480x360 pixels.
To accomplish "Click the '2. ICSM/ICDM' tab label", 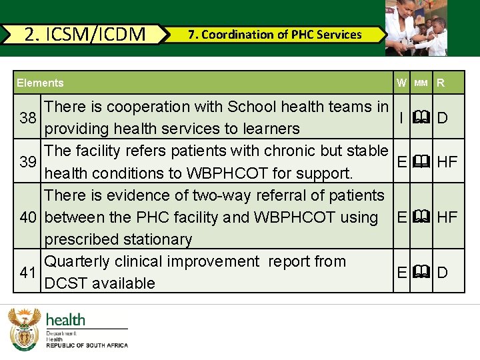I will tap(85, 34).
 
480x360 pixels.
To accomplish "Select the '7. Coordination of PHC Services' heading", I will tap(275, 35).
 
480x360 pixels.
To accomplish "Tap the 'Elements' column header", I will tap(40, 83).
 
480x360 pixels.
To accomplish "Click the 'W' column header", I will tap(401, 83).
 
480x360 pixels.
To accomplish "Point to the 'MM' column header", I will tap(421, 83).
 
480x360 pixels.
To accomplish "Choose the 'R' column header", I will tap(441, 83).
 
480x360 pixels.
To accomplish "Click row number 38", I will tap(28, 118).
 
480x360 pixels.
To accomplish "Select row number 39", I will tap(28, 162).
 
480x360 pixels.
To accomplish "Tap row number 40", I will tap(28, 217).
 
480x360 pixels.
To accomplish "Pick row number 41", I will tap(28, 272).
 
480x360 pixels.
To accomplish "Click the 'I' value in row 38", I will tap(401, 118).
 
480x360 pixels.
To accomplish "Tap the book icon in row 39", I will tap(421, 162).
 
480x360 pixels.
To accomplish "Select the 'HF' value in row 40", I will tap(447, 217).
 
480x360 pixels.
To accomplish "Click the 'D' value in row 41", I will tap(442, 272).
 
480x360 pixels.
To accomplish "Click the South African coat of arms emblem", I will tap(25, 329).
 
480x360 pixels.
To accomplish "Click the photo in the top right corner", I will tap(417, 27).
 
